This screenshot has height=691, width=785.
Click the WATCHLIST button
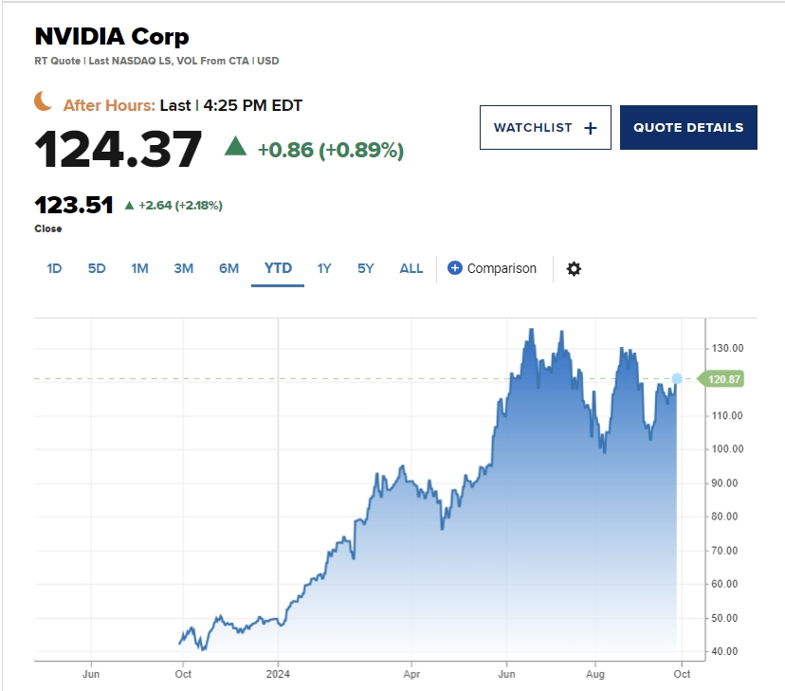545,128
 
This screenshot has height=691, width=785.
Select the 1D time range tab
54,268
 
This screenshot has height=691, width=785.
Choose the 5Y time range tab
366,268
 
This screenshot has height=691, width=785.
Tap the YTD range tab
278,268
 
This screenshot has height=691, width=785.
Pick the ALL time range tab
411,268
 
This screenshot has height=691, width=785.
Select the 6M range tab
229,268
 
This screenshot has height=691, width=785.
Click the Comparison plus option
492,268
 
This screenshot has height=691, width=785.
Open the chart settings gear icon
574,268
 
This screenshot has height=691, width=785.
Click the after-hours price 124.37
119,149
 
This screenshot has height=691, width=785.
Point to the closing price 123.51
74,205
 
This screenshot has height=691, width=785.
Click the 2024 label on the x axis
278,674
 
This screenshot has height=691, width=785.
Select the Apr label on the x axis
412,674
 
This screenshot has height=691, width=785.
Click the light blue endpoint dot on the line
677,378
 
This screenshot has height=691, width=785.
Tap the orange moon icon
44,101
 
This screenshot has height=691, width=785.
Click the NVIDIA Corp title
112,37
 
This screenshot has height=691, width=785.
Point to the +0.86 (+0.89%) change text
330,150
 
